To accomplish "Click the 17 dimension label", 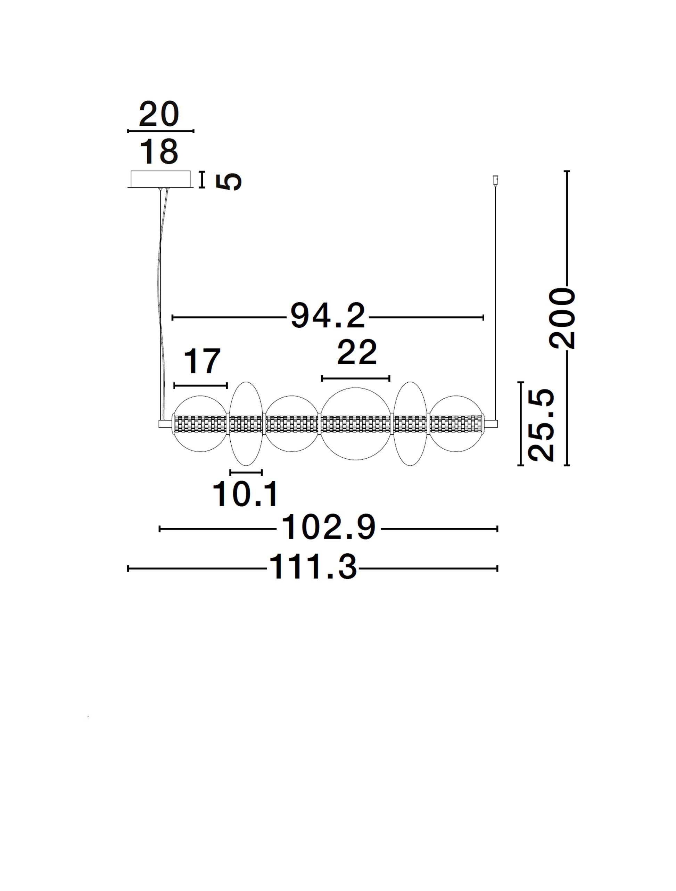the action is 202,361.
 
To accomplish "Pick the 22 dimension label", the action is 357,352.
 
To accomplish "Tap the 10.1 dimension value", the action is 245,494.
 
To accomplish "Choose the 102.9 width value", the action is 329,527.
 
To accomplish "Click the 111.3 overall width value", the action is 313,567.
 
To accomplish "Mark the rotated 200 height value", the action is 562,318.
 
